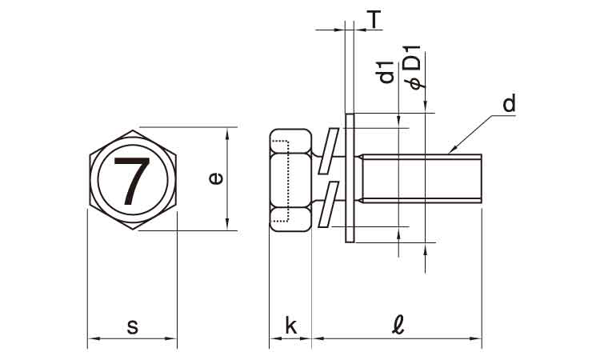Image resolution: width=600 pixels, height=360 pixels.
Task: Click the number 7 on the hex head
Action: pyautogui.click(x=132, y=181)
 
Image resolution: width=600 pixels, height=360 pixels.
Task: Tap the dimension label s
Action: pyautogui.click(x=132, y=327)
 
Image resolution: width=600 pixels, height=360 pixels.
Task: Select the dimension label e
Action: pyautogui.click(x=215, y=178)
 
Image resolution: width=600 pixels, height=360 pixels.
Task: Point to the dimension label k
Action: pyautogui.click(x=291, y=326)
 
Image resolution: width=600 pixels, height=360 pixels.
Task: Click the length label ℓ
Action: pyautogui.click(x=398, y=325)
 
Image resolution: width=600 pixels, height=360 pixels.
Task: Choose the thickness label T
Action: pyautogui.click(x=374, y=19)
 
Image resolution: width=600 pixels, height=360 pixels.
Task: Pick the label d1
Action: pyautogui.click(x=386, y=72)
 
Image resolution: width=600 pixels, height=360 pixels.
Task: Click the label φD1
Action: pyautogui.click(x=414, y=67)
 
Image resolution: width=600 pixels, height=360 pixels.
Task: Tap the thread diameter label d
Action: pyautogui.click(x=510, y=103)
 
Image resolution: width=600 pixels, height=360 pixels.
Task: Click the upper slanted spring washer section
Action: pyautogui.click(x=328, y=151)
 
